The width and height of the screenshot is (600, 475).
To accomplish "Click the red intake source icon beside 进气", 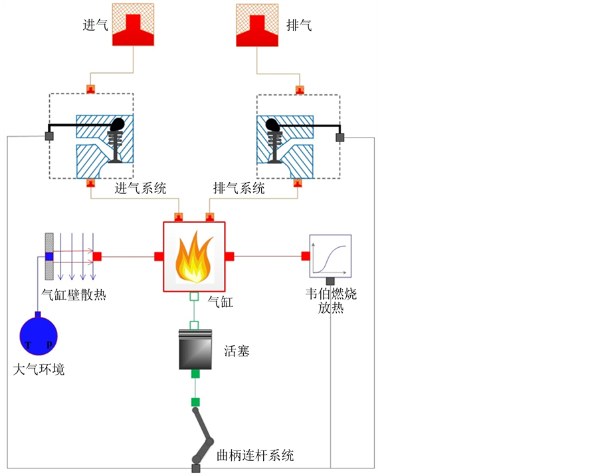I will click(133, 25).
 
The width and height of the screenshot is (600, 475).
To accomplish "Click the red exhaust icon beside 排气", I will click(258, 25).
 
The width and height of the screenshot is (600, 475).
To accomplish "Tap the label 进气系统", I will click(140, 188).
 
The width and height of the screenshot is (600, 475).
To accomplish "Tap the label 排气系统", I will click(239, 188).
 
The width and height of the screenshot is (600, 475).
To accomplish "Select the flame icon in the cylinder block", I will click(194, 257).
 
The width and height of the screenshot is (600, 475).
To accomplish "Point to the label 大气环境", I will click(39, 369).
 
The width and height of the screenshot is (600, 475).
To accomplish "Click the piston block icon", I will click(195, 349).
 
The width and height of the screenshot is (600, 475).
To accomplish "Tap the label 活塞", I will click(237, 351).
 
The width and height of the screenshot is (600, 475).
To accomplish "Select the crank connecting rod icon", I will click(203, 435).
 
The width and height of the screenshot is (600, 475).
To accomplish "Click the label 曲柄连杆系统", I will click(255, 456).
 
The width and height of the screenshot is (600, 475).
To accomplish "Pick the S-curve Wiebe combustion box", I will click(330, 256).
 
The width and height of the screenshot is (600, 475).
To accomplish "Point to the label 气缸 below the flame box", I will click(221, 302).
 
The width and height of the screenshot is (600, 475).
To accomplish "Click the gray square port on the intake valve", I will click(49, 136).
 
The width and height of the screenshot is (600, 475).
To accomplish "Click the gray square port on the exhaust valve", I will click(340, 137).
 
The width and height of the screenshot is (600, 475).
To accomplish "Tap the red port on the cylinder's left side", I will click(159, 256).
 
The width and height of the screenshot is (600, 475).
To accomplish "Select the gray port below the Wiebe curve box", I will click(330, 281).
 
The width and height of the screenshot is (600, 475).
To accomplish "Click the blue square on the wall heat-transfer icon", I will click(49, 256).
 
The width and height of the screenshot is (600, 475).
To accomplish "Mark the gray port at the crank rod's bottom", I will click(195, 469).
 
